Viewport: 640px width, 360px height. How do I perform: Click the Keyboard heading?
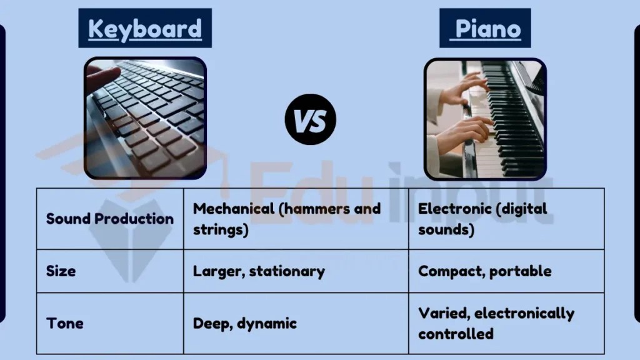coord(145,29)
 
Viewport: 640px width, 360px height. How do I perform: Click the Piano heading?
coord(485,29)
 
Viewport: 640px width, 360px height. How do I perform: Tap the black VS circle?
coord(311,119)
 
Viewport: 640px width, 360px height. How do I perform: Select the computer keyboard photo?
coord(145,118)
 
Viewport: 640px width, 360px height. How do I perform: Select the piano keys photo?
coord(485,118)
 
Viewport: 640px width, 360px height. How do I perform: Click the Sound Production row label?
coord(110,219)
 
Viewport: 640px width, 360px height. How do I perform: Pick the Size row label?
coord(61,271)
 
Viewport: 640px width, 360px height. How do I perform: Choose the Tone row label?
coord(65,323)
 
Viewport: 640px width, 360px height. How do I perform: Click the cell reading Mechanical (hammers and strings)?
coord(286,219)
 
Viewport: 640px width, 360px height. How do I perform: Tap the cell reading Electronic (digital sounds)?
coord(482,219)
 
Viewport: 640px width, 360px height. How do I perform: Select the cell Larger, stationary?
coord(259,271)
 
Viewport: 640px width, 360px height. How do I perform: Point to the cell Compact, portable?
coord(484,271)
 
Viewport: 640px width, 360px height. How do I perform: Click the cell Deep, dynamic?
coord(245,323)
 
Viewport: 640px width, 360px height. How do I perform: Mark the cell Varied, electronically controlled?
coord(496,323)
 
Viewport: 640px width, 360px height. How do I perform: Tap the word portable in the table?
coord(521,271)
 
